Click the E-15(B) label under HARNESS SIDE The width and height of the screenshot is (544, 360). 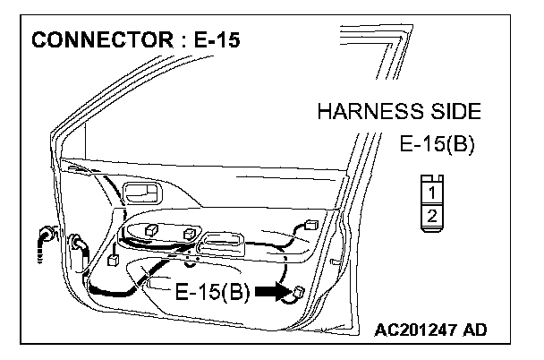tap(437, 145)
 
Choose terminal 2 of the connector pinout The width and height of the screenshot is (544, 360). tap(432, 215)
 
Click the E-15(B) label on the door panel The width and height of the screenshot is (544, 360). tap(211, 292)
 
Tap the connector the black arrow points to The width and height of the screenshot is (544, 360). tap(298, 292)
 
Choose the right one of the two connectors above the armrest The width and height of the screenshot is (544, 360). tap(190, 233)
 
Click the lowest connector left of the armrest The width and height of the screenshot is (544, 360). tap(114, 262)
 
